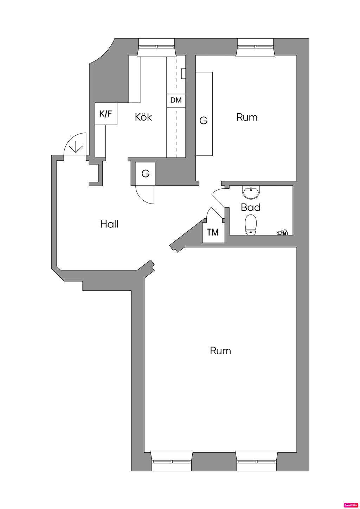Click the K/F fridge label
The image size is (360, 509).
coord(106,114)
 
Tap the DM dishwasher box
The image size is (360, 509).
coord(176,100)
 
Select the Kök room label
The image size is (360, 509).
coord(143,117)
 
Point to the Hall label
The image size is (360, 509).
coord(109,224)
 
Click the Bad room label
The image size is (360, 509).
coord(251,207)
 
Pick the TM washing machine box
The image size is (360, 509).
coord(213,232)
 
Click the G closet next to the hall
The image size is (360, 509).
coord(145,174)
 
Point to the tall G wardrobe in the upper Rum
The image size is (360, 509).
coord(204,114)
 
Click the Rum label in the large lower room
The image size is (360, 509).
coord(220,351)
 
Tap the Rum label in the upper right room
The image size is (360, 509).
coord(247,117)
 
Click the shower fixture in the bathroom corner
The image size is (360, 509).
coord(282,232)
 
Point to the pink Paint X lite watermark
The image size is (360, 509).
coord(351,505)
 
